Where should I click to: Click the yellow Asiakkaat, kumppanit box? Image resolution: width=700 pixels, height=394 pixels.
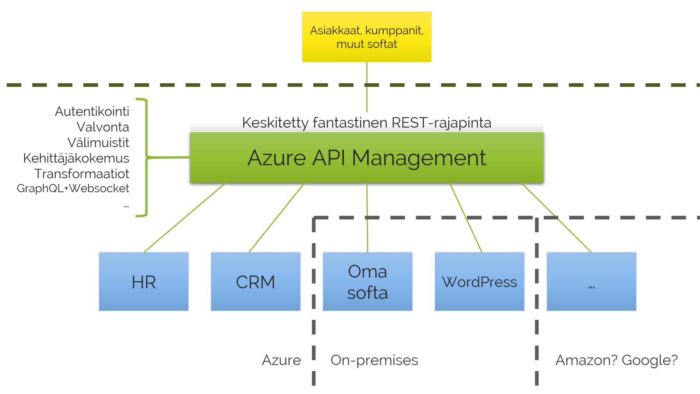pos(367,37)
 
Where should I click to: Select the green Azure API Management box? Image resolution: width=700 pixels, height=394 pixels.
pos(367,158)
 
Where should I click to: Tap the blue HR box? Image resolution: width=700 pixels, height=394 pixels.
pos(143,281)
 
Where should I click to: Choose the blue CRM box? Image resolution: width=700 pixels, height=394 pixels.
pos(255,281)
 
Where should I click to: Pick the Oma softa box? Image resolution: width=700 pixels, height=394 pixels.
pos(367,281)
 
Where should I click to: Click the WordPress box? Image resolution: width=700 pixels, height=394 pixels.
pos(479,281)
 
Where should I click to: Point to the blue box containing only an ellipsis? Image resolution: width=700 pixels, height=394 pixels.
pos(591,281)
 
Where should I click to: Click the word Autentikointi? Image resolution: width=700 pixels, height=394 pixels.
pos(92,111)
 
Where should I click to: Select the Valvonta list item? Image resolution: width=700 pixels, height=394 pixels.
pos(103,127)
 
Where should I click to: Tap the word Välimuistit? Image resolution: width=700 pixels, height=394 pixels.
pos(98,142)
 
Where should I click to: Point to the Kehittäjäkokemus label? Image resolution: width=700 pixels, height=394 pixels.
pos(76,158)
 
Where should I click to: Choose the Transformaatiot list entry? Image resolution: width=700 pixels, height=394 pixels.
pos(82,173)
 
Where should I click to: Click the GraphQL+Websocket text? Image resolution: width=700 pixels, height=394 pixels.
pos(73,188)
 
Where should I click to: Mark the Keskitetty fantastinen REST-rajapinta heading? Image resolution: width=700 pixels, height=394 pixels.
pos(367,123)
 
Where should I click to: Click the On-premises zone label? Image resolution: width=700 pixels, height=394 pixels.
pos(374,360)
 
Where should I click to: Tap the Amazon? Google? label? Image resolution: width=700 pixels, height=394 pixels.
pos(617,360)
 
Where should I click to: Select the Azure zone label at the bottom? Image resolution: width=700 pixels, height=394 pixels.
pos(282,360)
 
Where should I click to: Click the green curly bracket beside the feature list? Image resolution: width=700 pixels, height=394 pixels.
pos(147,157)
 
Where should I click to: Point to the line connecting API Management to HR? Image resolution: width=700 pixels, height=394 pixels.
pos(184,217)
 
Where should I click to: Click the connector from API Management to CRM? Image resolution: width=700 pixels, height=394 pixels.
pos(276,217)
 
